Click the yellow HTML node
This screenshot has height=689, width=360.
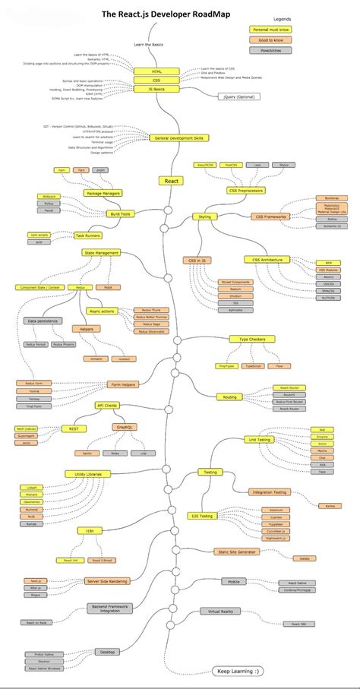156,71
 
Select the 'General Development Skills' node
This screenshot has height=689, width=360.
181,138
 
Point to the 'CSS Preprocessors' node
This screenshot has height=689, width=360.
245,190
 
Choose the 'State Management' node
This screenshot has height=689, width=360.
101,252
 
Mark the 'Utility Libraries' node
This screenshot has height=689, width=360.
89,473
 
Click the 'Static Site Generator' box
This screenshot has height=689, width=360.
236,552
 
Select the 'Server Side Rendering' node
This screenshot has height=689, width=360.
106,581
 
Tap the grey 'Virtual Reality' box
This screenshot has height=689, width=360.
219,610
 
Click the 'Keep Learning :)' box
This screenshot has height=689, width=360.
238,672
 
